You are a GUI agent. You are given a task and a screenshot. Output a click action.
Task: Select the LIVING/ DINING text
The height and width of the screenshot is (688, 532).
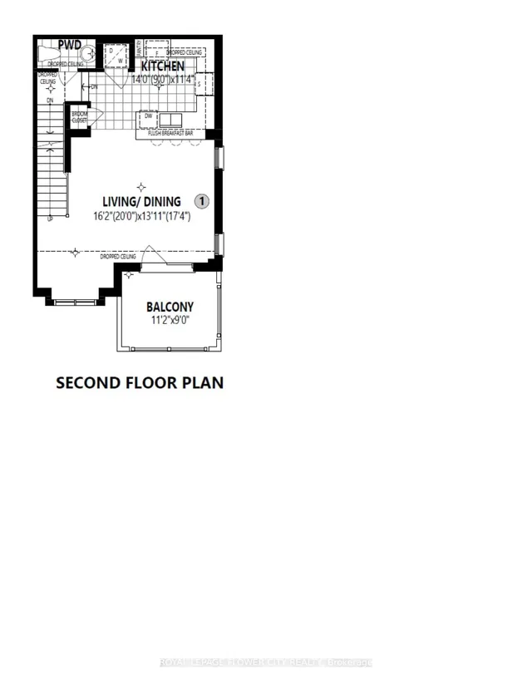click(141, 201)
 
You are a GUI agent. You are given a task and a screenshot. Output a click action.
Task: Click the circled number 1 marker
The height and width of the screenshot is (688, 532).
click(202, 201)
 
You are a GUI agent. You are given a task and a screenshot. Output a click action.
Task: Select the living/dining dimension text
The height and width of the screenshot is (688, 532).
click(141, 216)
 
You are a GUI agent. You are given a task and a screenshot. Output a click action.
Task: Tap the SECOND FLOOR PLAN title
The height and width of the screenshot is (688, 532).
click(139, 383)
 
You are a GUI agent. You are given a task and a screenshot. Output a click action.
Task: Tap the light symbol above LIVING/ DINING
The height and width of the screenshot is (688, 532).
click(141, 187)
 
